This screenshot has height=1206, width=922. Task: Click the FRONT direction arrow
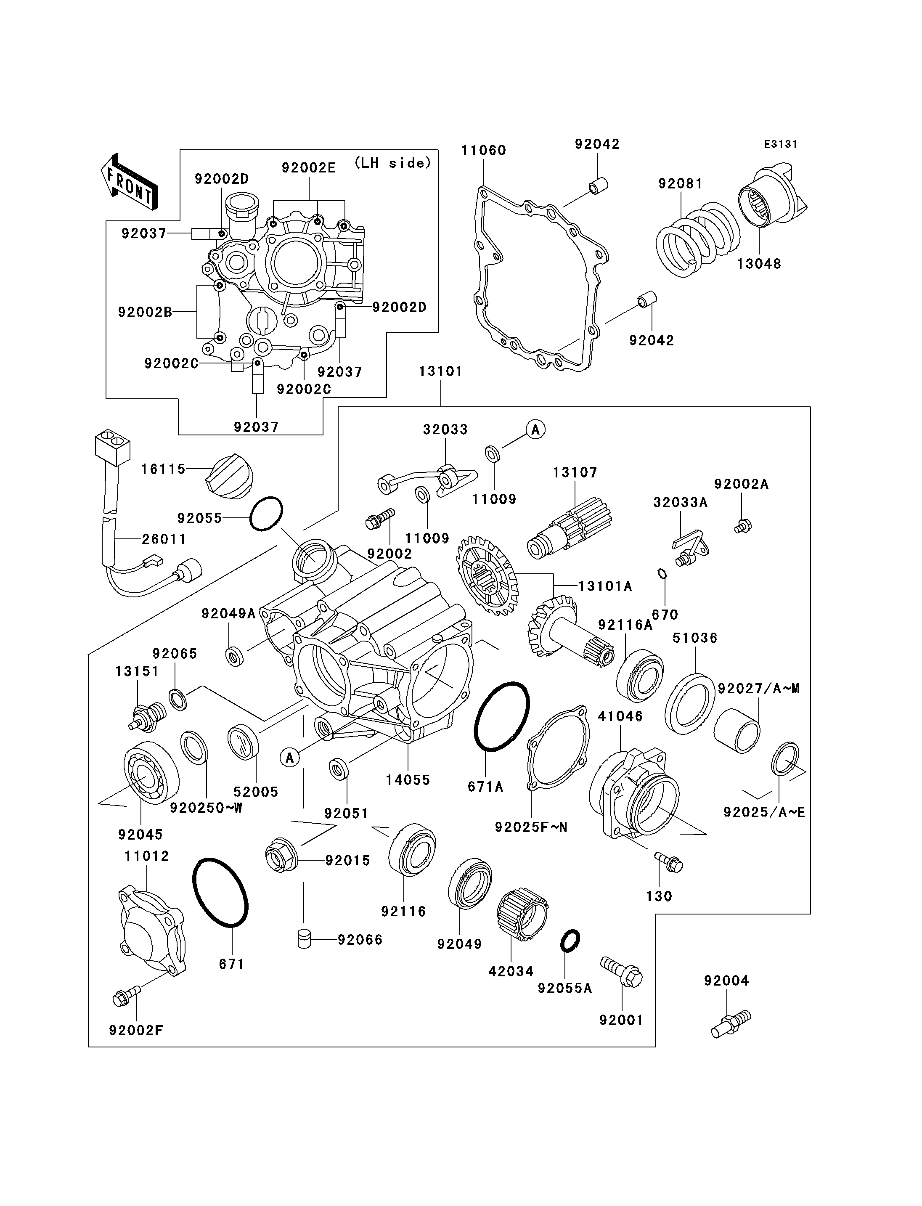pyautogui.click(x=130, y=182)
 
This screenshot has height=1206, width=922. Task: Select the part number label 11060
pyautogui.click(x=483, y=150)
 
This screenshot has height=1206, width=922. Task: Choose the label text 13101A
pyautogui.click(x=605, y=586)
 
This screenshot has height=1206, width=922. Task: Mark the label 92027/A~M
pyautogui.click(x=759, y=688)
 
